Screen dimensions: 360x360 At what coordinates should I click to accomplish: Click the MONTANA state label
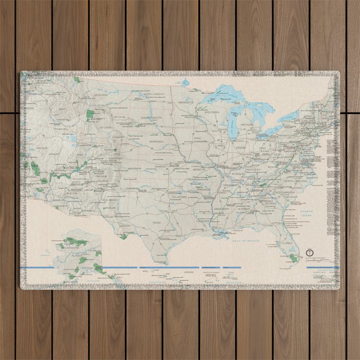(101, 95)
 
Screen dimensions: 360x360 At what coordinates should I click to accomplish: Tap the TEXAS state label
(156, 223)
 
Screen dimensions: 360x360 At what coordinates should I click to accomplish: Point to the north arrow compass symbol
(310, 253)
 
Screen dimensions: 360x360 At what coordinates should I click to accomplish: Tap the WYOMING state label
(106, 127)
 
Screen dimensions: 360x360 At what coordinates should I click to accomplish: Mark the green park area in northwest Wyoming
(90, 114)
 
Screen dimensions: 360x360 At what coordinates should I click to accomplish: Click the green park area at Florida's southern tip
(293, 257)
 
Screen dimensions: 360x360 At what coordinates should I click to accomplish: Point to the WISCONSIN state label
(211, 112)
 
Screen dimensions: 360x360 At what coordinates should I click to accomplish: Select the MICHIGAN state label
(247, 125)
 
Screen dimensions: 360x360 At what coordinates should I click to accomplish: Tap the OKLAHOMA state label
(179, 196)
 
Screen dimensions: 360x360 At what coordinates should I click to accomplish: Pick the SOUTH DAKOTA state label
(152, 118)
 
